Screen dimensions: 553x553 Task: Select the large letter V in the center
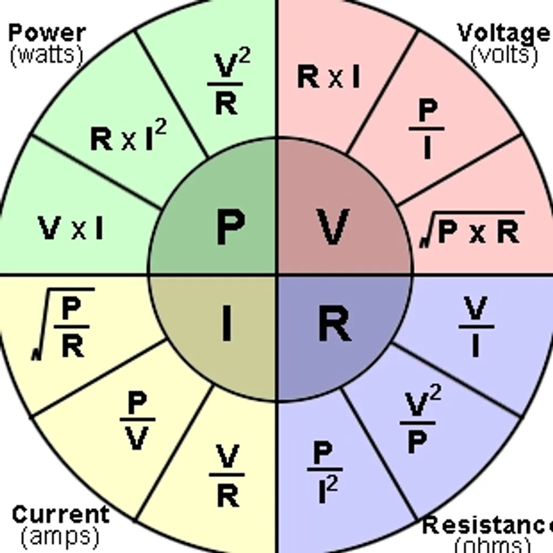click(x=333, y=227)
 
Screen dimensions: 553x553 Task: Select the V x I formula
click(x=71, y=228)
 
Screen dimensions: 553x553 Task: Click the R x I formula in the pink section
click(x=328, y=77)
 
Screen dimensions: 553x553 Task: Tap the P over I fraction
click(x=426, y=129)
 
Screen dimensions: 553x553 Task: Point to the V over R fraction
click(x=227, y=476)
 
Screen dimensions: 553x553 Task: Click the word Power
click(x=47, y=33)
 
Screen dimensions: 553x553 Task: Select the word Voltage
click(x=503, y=33)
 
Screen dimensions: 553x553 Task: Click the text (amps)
click(x=60, y=535)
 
